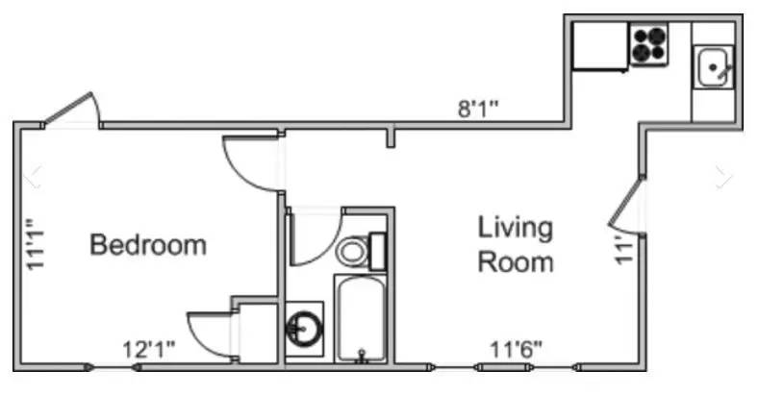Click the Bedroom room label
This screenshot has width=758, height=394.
(x=148, y=245)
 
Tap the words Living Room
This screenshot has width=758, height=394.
(x=516, y=245)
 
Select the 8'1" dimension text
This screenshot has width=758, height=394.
(x=478, y=109)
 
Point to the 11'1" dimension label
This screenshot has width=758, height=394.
(x=36, y=244)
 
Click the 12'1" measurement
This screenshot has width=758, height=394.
(x=149, y=349)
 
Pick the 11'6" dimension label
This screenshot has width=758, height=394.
(x=516, y=349)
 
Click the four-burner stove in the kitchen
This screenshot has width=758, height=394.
(x=648, y=44)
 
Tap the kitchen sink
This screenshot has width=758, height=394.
(x=713, y=66)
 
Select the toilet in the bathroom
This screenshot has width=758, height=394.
(x=361, y=251)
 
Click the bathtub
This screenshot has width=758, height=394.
(x=361, y=319)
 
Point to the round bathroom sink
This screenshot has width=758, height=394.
(x=304, y=329)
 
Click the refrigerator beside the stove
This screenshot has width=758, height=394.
(x=600, y=46)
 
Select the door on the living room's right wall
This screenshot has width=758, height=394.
(x=625, y=203)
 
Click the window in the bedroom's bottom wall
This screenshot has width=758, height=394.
(x=113, y=367)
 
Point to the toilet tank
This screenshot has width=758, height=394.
(x=377, y=251)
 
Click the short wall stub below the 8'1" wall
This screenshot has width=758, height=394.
(x=391, y=135)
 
